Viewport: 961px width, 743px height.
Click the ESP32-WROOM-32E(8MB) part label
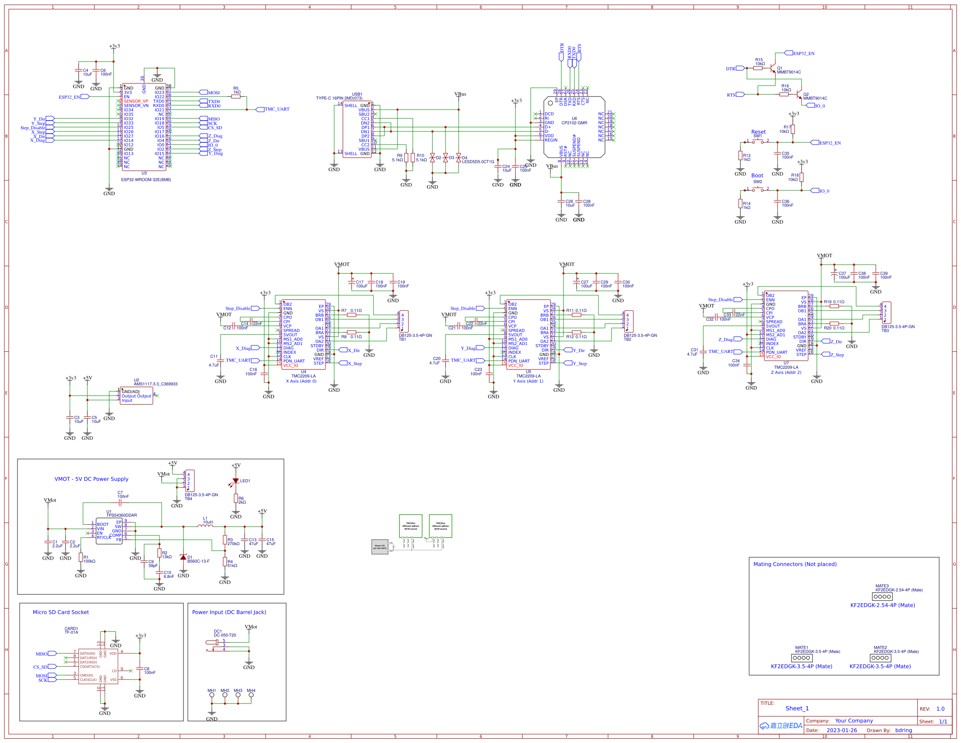point(145,180)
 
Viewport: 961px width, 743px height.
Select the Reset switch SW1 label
point(757,136)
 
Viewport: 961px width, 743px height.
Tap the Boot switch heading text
point(757,176)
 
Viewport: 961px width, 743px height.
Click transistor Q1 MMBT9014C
point(774,68)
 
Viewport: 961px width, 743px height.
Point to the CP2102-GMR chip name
point(574,123)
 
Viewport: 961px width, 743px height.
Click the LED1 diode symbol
point(236,481)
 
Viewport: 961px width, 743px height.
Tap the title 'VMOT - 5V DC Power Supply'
point(91,479)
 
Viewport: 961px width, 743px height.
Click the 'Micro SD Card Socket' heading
point(60,612)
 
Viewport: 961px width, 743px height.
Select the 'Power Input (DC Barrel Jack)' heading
point(229,612)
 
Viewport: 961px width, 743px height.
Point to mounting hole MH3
point(238,695)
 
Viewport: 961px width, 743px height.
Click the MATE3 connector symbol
point(882,597)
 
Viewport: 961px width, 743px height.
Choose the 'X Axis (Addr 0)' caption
point(301,381)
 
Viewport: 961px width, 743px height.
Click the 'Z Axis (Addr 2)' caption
point(786,373)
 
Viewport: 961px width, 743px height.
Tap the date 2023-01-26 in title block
point(841,730)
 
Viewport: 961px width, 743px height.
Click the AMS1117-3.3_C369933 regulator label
point(156,384)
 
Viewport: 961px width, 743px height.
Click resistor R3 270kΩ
point(225,540)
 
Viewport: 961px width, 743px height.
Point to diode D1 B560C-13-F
point(183,557)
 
